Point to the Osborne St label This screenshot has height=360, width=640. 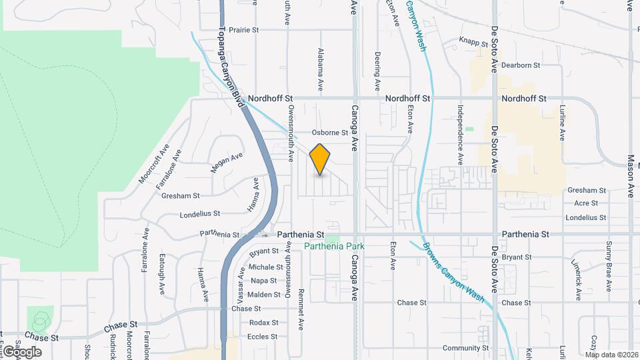pyautogui.click(x=331, y=133)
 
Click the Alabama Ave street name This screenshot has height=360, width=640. pyautogui.click(x=321, y=69)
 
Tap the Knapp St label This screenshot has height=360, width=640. pyautogui.click(x=474, y=41)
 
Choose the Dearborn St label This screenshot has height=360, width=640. pyautogui.click(x=520, y=65)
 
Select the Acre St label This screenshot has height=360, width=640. pyautogui.click(x=585, y=203)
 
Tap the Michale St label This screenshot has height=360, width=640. pyautogui.click(x=262, y=267)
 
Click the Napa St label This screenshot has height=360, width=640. pyautogui.click(x=264, y=281)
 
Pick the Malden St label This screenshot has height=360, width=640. pyautogui.click(x=263, y=295)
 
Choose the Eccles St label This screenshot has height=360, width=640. pyautogui.click(x=262, y=337)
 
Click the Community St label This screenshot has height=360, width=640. pyautogui.click(x=466, y=348)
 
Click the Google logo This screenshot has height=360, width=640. pyautogui.click(x=22, y=351)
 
